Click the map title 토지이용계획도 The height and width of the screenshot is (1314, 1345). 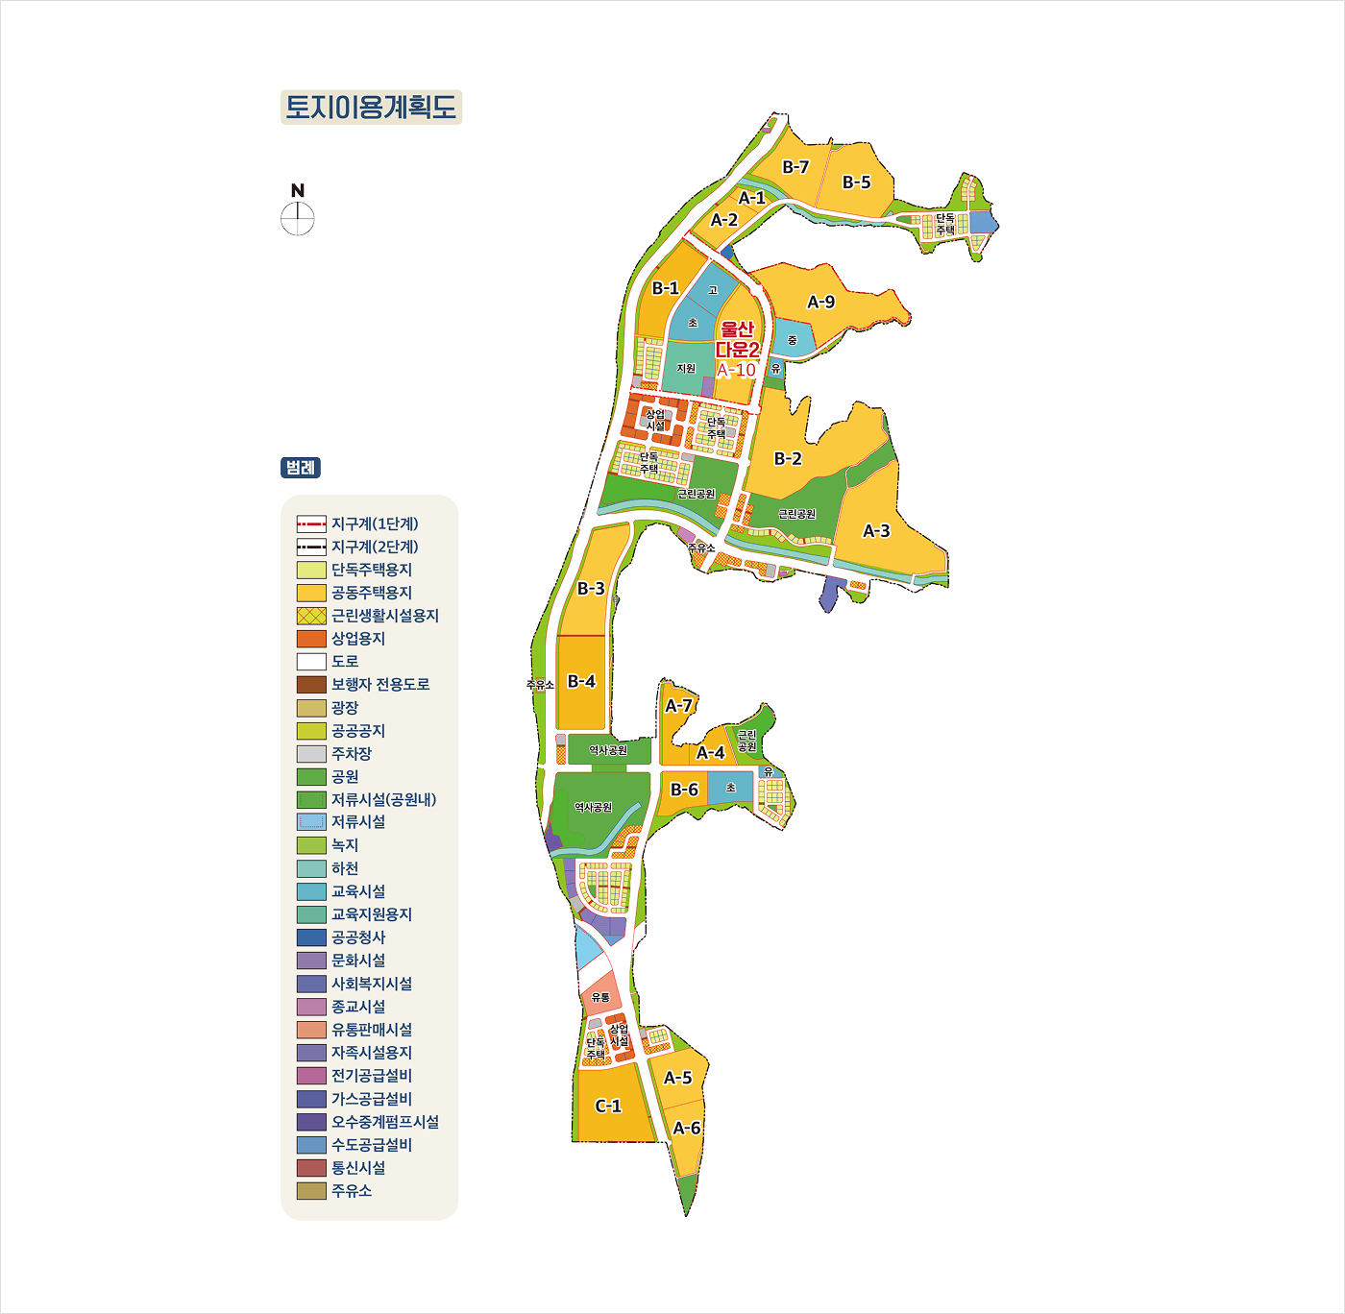tap(371, 107)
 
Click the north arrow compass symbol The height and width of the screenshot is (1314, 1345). tap(298, 218)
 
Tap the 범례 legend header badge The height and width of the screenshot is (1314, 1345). tap(301, 468)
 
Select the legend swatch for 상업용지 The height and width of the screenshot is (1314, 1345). tap(311, 639)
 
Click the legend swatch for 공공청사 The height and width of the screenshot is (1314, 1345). tap(311, 937)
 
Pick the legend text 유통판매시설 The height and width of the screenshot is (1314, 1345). tap(372, 1030)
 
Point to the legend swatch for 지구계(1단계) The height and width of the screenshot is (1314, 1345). tap(311, 524)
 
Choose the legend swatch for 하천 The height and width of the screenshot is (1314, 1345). tap(311, 868)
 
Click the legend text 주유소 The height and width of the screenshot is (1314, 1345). tap(352, 1191)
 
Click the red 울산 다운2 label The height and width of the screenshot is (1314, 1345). tap(738, 340)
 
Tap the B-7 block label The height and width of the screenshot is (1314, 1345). tap(795, 167)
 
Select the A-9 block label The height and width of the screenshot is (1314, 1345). tap(820, 303)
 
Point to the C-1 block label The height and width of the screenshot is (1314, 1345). tap(608, 1107)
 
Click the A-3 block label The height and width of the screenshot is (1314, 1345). tap(876, 531)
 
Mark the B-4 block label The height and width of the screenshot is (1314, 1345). tap(581, 682)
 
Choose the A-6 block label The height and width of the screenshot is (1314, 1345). tap(687, 1129)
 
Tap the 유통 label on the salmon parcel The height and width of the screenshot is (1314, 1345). tap(600, 998)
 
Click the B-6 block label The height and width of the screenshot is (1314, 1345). tap(684, 790)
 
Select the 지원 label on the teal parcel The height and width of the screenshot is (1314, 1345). tap(686, 369)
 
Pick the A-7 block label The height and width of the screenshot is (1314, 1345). tap(678, 706)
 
